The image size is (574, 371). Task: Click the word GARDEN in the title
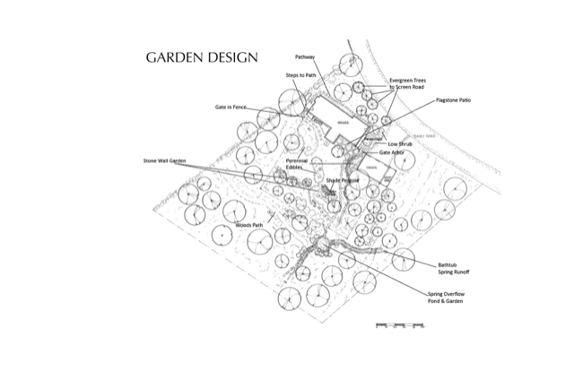(x=174, y=57)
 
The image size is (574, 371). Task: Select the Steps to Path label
(x=300, y=75)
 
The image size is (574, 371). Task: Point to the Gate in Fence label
(x=230, y=107)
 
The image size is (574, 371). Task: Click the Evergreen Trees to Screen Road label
(x=408, y=83)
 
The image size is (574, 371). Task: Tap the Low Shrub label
(x=400, y=143)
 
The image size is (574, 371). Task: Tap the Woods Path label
(x=248, y=225)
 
